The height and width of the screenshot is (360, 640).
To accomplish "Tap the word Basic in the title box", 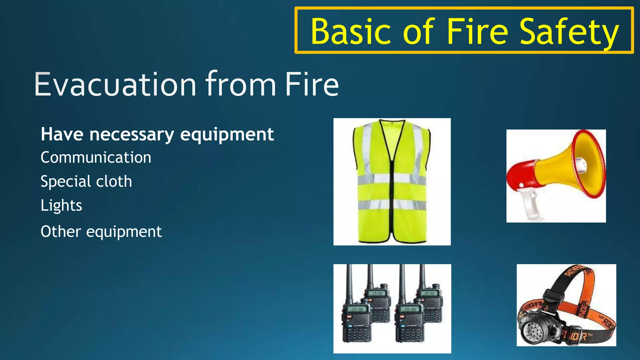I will click(x=351, y=32).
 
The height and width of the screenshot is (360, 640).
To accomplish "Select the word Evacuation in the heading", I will click(x=115, y=84).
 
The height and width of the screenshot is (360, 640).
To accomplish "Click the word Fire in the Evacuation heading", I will click(x=312, y=84).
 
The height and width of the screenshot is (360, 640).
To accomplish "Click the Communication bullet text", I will click(x=96, y=157).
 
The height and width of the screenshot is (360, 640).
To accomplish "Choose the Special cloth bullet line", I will click(x=86, y=181).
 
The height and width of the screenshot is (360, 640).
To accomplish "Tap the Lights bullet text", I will click(x=61, y=205).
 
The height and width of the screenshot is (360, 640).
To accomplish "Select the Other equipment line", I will click(x=101, y=232).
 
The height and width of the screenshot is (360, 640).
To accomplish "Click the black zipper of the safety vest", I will click(x=391, y=187).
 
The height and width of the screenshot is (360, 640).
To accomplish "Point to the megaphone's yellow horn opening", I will click(x=587, y=164).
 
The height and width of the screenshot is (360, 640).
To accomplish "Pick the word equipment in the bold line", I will click(x=227, y=134).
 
